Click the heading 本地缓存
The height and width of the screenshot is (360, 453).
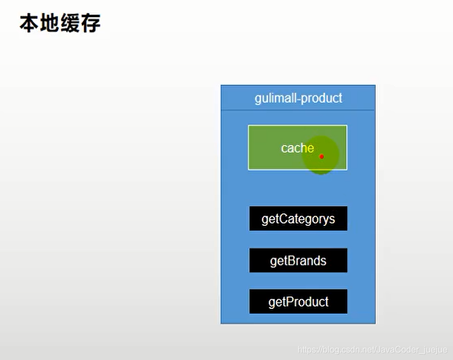(60, 23)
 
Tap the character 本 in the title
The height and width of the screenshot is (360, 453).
(29, 23)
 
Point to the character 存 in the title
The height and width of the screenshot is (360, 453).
(91, 23)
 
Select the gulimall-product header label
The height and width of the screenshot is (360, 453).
(298, 98)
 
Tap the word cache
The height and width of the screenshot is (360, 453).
(297, 148)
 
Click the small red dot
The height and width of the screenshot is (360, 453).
(322, 156)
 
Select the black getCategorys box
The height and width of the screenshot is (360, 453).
(298, 219)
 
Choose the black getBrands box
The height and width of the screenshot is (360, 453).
(298, 261)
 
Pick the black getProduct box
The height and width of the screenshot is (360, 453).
(298, 302)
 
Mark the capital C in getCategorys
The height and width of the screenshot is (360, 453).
(282, 219)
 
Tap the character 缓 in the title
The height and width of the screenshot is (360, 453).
(70, 23)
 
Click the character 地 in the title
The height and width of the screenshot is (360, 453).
(49, 23)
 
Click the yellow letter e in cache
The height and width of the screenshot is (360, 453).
(311, 148)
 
